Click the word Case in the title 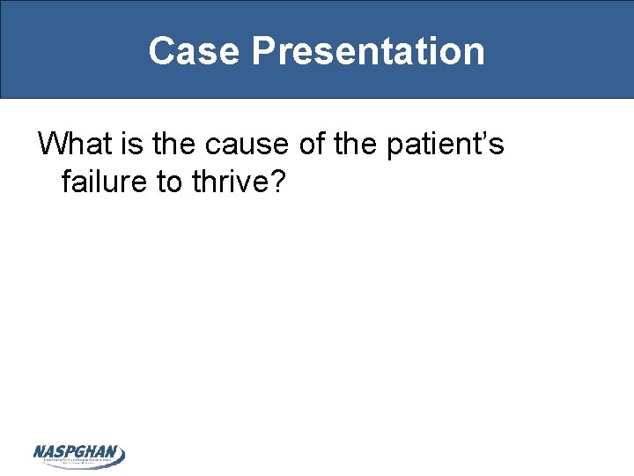(194, 51)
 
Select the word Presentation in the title (367, 51)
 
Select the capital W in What (52, 143)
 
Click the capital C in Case (163, 51)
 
